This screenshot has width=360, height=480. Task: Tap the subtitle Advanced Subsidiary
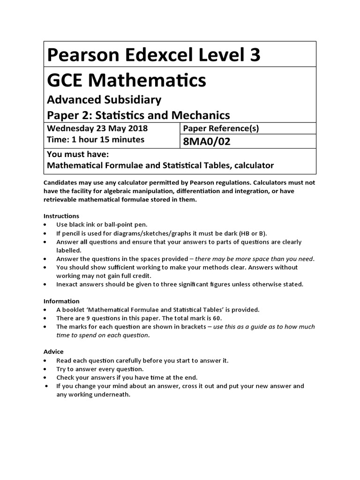[104, 100]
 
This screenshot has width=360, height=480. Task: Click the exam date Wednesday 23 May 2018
[97, 128]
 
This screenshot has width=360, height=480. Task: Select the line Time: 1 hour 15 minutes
[96, 140]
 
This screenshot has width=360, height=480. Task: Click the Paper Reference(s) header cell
[220, 128]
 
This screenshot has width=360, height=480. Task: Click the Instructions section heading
[61, 216]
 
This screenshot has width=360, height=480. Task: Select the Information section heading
[61, 301]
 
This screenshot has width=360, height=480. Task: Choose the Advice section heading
[53, 352]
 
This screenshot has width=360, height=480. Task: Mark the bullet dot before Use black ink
[45, 225]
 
